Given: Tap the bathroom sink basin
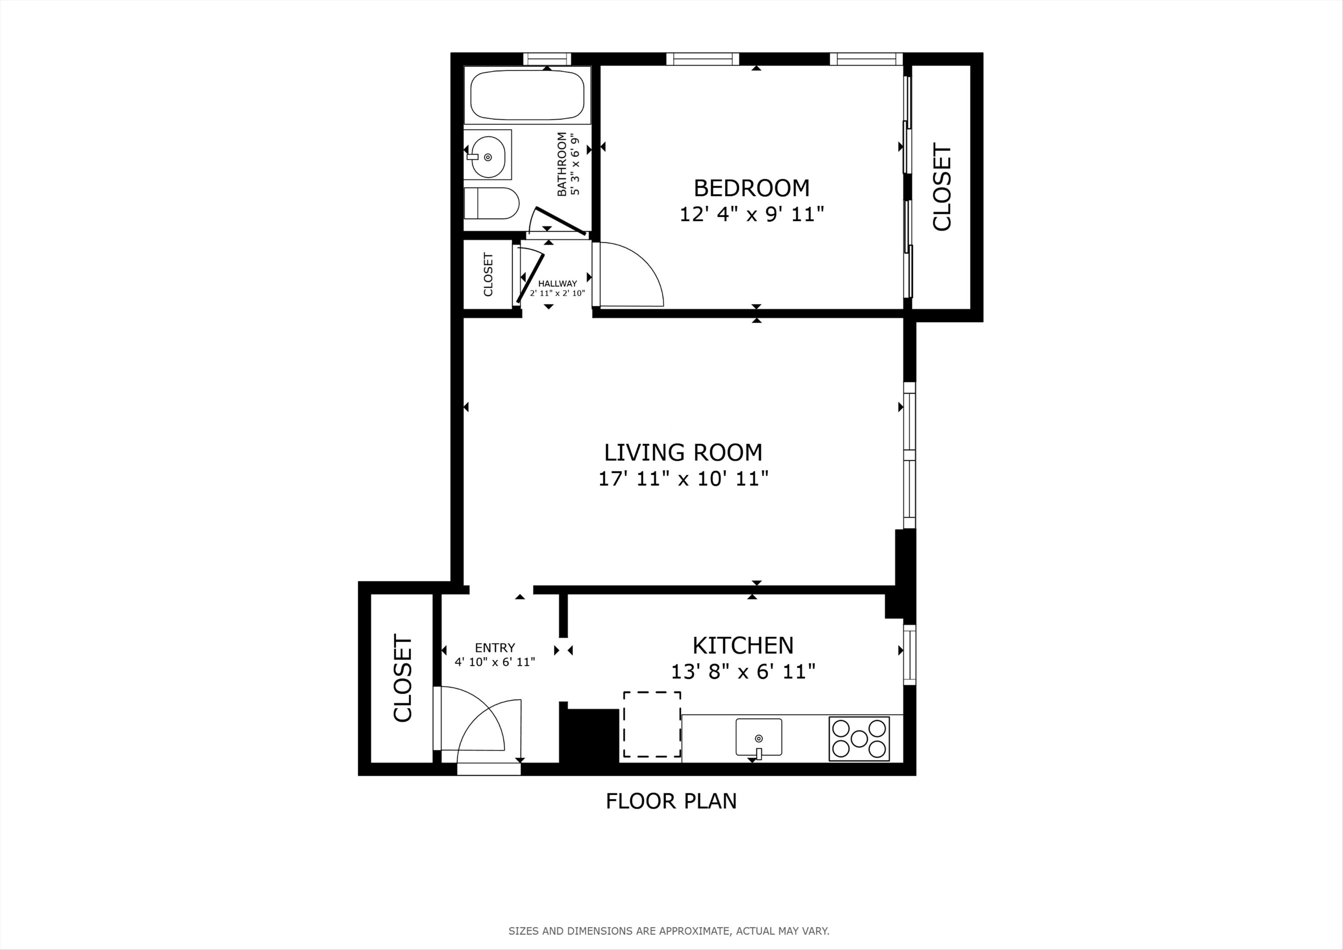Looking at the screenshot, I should [x=488, y=156].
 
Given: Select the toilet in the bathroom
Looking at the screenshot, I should [x=491, y=203].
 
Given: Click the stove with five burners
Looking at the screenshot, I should [x=859, y=738].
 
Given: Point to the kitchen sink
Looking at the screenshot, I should [x=758, y=737].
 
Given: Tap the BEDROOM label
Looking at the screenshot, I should [x=752, y=188].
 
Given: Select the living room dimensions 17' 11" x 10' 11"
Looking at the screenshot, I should [x=682, y=479].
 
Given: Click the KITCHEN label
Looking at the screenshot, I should [x=743, y=645].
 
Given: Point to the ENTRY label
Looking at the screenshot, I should [x=495, y=647].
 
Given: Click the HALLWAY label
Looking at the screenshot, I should [x=558, y=283].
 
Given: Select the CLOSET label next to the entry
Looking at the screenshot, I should [x=403, y=679].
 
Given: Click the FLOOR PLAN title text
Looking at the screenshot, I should [x=671, y=801].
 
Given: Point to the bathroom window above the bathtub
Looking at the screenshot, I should [x=547, y=58].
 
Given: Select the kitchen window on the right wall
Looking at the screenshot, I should [x=909, y=654].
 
